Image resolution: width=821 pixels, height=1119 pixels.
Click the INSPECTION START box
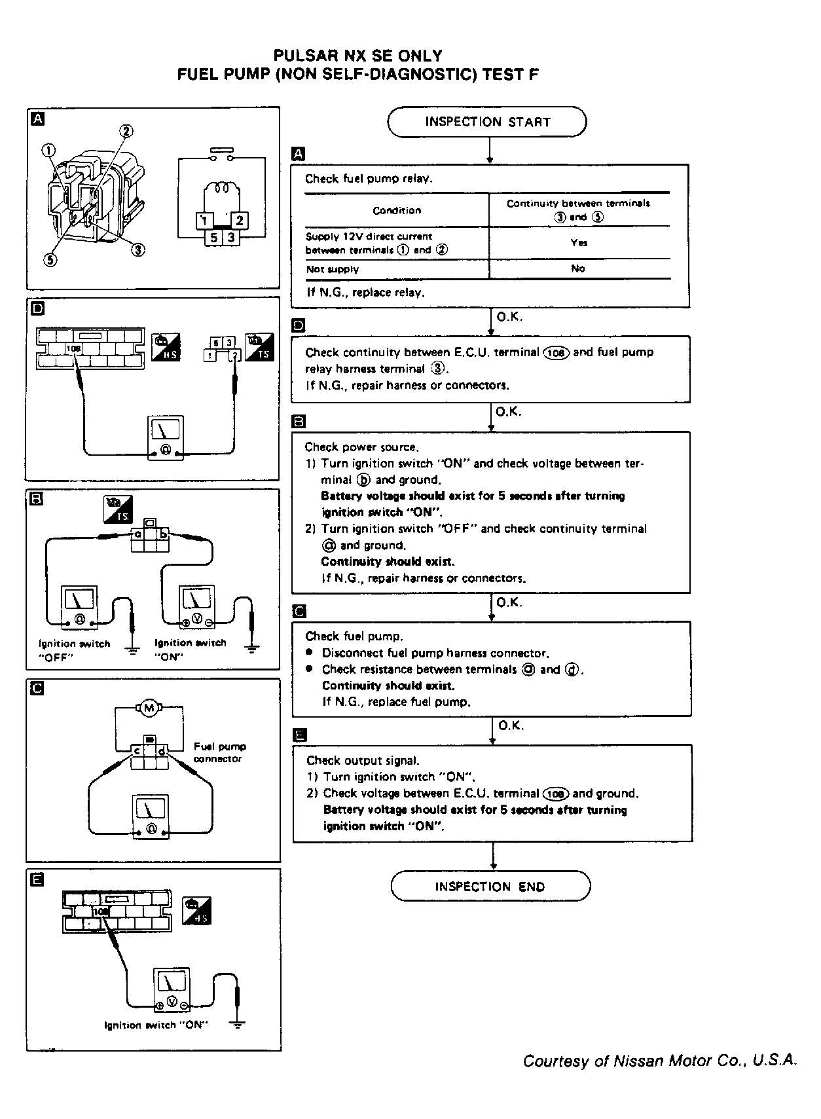pyautogui.click(x=487, y=122)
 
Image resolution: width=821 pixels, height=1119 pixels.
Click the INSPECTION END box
pyautogui.click(x=490, y=887)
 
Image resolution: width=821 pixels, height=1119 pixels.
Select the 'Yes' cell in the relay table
pyautogui.click(x=579, y=243)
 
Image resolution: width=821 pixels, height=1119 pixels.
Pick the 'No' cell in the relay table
pyautogui.click(x=577, y=268)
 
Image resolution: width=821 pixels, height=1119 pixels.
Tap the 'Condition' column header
pyautogui.click(x=397, y=210)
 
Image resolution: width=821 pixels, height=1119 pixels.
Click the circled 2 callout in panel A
pyautogui.click(x=126, y=131)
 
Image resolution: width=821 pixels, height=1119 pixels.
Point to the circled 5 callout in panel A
pyautogui.click(x=50, y=259)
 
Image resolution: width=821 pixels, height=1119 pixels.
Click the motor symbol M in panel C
pyautogui.click(x=149, y=708)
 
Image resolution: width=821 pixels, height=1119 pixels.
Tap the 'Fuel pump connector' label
pyautogui.click(x=219, y=752)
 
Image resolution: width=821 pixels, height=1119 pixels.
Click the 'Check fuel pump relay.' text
pyautogui.click(x=369, y=179)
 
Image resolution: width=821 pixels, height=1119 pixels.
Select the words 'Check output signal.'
pyautogui.click(x=363, y=760)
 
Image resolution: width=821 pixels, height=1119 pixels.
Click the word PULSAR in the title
pyautogui.click(x=302, y=56)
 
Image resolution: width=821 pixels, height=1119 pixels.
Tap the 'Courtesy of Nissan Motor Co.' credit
pyautogui.click(x=659, y=1061)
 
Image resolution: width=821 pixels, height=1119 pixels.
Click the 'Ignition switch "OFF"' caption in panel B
pyautogui.click(x=75, y=650)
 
